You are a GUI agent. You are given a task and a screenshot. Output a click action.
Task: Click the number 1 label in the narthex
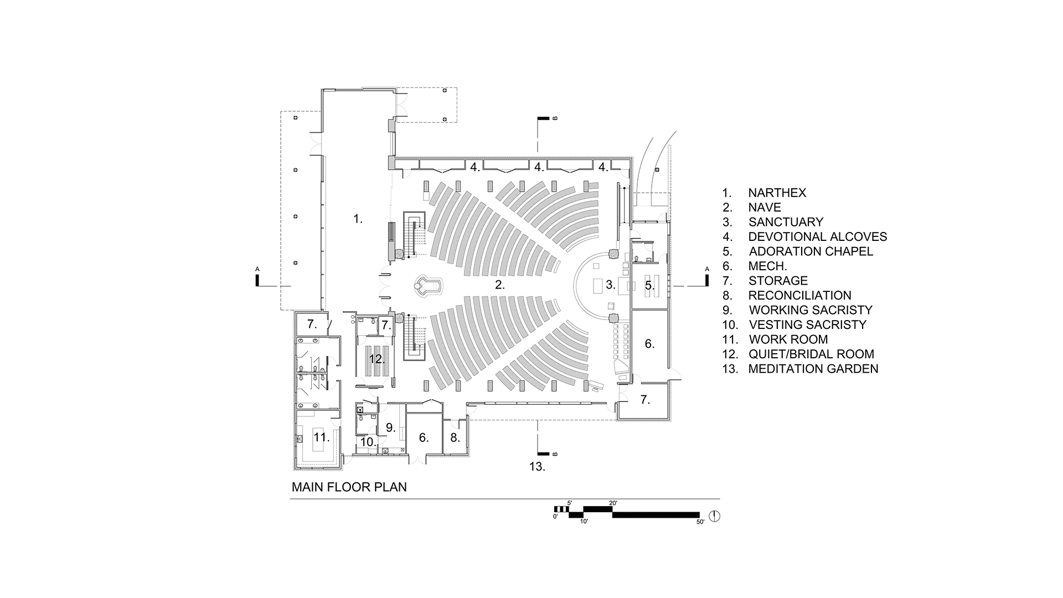tap(358, 219)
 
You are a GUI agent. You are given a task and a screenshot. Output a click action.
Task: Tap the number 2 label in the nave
tap(500, 285)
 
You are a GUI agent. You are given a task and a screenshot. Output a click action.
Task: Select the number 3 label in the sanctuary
tap(611, 285)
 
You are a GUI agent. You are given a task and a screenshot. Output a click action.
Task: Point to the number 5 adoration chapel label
tap(649, 286)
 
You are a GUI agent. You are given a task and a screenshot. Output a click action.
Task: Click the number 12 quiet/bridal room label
tap(377, 359)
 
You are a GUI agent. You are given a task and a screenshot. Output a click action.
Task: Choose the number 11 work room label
tap(322, 437)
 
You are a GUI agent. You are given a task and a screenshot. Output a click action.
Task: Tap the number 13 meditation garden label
tap(537, 467)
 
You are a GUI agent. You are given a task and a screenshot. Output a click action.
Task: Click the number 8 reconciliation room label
tap(455, 437)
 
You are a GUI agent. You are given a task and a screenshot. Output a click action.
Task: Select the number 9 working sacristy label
tap(391, 427)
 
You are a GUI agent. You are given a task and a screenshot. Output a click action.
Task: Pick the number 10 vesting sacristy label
tap(368, 442)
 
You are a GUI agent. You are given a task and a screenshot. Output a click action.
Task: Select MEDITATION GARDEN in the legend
tap(813, 369)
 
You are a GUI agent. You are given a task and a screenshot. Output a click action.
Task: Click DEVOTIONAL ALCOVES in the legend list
tap(817, 237)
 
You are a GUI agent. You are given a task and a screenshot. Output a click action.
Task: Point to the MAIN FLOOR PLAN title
tap(349, 487)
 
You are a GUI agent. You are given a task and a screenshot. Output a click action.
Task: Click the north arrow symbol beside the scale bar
tap(715, 516)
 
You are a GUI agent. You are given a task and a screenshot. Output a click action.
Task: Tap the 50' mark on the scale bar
tap(700, 522)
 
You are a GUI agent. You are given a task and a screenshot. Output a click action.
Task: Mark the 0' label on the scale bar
tap(555, 517)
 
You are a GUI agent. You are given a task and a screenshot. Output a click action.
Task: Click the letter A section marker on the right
tap(707, 270)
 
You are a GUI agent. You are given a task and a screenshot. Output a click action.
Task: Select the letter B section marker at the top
tap(555, 118)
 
